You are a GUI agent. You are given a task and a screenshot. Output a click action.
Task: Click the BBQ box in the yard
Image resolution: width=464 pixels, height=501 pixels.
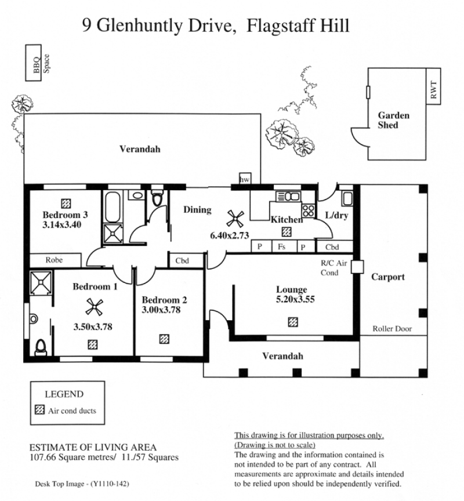pyautogui.click(x=34, y=63)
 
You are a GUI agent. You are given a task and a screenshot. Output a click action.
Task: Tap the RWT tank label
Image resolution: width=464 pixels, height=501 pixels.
pyautogui.click(x=433, y=90)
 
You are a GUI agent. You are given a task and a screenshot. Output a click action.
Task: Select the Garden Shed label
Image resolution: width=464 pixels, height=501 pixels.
pyautogui.click(x=393, y=120)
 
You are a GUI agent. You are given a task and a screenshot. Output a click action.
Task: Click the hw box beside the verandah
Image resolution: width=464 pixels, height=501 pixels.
pyautogui.click(x=245, y=178)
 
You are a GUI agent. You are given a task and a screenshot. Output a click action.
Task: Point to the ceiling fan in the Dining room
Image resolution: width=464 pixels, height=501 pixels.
pyautogui.click(x=235, y=219)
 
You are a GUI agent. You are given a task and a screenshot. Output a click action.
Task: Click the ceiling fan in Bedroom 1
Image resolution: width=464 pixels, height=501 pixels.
pyautogui.click(x=95, y=307)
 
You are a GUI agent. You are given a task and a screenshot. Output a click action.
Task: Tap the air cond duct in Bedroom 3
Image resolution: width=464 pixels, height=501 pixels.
pyautogui.click(x=66, y=203)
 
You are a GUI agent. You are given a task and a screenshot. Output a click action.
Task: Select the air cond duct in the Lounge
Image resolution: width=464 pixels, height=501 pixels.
pyautogui.click(x=293, y=322)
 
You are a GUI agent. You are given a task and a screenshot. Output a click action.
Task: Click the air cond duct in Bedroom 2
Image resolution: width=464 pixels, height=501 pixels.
pyautogui.click(x=164, y=339)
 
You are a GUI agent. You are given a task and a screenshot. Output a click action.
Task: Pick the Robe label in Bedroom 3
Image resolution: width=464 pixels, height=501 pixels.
pyautogui.click(x=54, y=260)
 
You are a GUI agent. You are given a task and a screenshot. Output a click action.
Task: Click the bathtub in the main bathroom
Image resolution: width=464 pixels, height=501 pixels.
pyautogui.click(x=113, y=207)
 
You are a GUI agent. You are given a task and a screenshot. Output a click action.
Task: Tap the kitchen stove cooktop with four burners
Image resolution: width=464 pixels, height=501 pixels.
pyautogui.click(x=309, y=210)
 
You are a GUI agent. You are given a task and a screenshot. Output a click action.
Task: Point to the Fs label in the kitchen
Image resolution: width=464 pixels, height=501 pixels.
pyautogui.click(x=281, y=246)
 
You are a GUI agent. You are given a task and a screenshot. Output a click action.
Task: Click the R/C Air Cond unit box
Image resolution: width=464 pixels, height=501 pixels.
pyautogui.click(x=357, y=267)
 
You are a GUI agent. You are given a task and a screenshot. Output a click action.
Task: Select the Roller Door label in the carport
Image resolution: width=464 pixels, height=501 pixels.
pyautogui.click(x=392, y=328)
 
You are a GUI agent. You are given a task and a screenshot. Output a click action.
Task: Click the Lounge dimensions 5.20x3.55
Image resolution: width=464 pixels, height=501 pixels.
pyautogui.click(x=295, y=299)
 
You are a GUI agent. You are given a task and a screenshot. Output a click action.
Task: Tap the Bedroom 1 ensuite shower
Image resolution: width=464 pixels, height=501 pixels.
pyautogui.click(x=41, y=283)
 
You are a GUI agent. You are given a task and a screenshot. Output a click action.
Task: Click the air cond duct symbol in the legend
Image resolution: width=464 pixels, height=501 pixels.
pyautogui.click(x=39, y=409)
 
